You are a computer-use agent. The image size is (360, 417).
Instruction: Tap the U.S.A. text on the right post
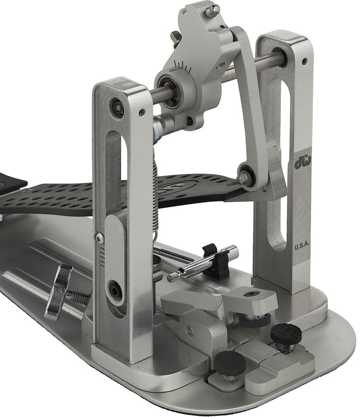click(x=303, y=245)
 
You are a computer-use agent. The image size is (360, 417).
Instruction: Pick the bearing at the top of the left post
click(x=117, y=108)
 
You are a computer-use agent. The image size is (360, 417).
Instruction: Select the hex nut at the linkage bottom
click(x=245, y=177)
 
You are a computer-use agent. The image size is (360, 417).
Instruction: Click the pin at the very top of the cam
click(x=211, y=10)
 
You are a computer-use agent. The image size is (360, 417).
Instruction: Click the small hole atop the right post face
click(x=305, y=61)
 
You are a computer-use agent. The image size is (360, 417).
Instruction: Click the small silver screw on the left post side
click(x=100, y=238)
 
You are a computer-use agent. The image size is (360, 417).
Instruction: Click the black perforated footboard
click(x=119, y=194)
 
